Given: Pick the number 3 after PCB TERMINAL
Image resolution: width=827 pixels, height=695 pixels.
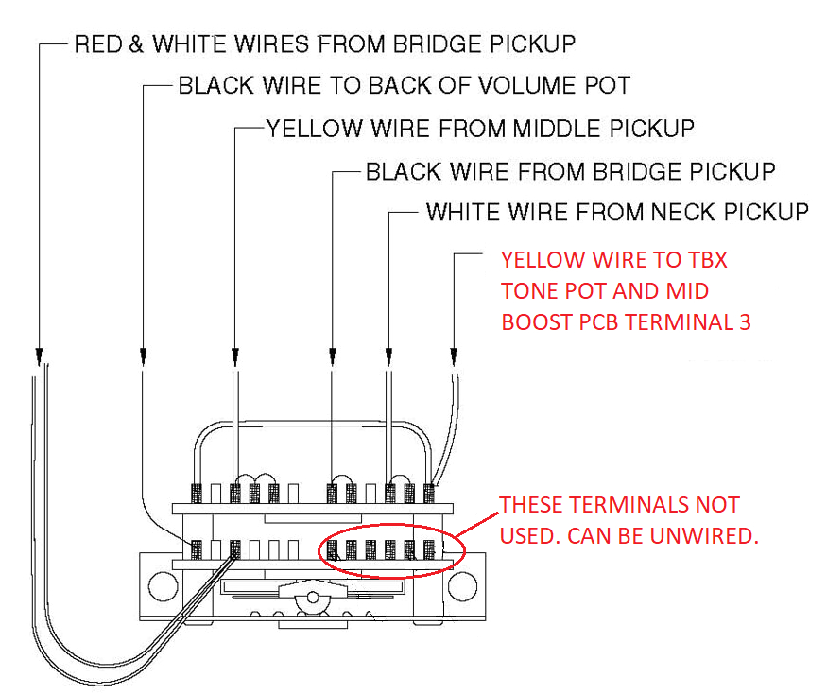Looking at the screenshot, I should pos(745,321).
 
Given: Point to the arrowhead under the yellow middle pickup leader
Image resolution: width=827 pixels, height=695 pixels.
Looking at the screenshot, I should pos(234,356).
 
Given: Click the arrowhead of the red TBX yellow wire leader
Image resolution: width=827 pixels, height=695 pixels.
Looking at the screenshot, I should pos(454,356).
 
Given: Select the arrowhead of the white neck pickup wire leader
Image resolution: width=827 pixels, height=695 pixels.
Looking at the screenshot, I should pos(388,356).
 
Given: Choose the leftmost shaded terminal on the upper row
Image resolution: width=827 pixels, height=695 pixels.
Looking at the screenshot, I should pos(197,493).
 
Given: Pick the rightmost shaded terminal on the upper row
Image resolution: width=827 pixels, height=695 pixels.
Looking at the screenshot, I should pos(429,493).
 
